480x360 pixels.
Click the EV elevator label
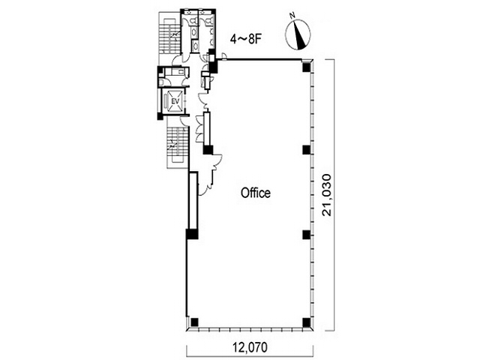pos(175,101)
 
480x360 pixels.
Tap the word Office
pos(256,193)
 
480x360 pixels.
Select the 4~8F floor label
pos(245,39)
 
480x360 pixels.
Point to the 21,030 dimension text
pos(327,195)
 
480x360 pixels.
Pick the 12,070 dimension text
pos(250,347)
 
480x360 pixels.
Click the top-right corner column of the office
pos(307,67)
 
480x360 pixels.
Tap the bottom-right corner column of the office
pos(307,322)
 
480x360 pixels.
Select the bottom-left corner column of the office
pos(194,322)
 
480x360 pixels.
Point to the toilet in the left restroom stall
pos(193,21)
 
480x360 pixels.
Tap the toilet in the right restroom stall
pos(209,21)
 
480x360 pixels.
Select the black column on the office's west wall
pos(192,234)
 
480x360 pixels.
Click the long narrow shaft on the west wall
pos(193,200)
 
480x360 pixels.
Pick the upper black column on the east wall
pos(307,150)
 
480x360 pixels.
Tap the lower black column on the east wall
pos(307,235)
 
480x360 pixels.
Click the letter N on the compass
pos(293,15)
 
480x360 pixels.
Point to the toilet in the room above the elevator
pos(162,82)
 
